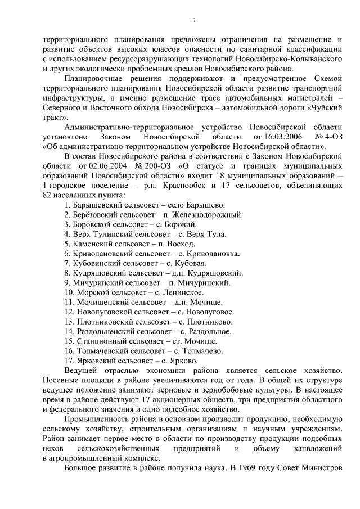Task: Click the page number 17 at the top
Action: pos(192,21)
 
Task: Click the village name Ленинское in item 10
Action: pos(186,292)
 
